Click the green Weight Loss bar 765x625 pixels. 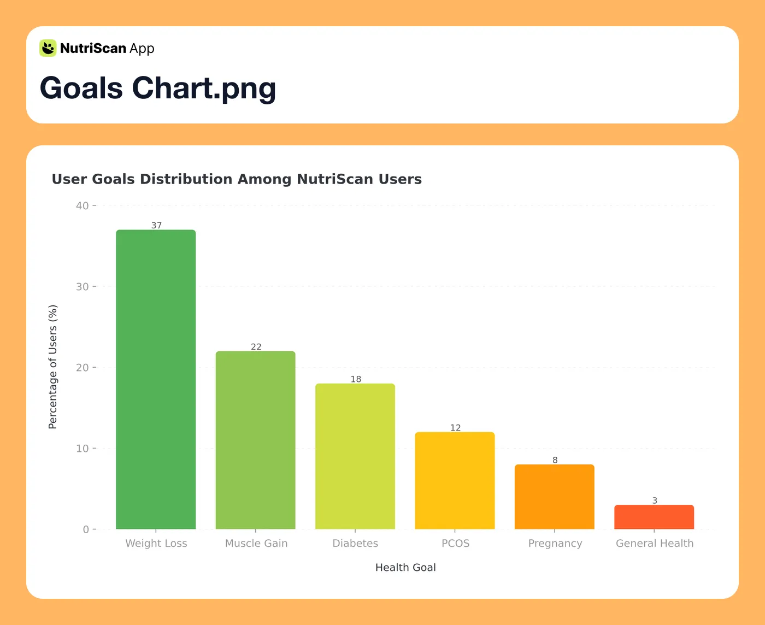(x=156, y=379)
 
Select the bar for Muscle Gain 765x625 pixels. (x=255, y=440)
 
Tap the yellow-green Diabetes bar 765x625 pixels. (x=355, y=456)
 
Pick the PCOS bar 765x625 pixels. (x=455, y=480)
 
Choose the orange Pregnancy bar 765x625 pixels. (x=554, y=497)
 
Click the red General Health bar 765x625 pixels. (x=654, y=517)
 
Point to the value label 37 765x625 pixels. (x=156, y=226)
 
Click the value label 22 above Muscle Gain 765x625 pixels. (x=256, y=347)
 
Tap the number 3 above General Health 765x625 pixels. (x=655, y=500)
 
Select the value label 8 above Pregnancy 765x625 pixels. (x=555, y=460)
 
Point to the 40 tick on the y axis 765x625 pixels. (x=83, y=206)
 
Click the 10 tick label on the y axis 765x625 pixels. (x=83, y=449)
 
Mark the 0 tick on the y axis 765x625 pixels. (x=86, y=529)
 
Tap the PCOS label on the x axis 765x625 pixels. (x=455, y=543)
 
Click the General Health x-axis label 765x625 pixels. (x=654, y=543)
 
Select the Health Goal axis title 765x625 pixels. (x=405, y=567)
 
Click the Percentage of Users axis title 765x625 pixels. (x=53, y=367)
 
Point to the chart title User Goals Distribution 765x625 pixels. (x=237, y=179)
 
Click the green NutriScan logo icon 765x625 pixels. (x=48, y=48)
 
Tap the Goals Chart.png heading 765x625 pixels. (x=158, y=88)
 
